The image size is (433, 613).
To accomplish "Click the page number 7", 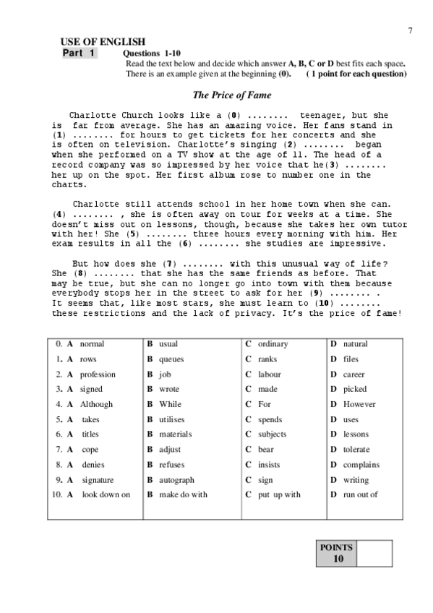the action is (410, 30).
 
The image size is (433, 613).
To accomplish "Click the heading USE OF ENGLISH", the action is (103, 43).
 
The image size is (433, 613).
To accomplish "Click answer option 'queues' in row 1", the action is (171, 359).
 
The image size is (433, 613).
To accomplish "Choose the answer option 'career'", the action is (354, 374).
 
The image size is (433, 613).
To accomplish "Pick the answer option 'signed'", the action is (91, 389).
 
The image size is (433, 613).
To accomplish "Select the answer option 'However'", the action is (359, 404).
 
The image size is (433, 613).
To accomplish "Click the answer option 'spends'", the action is (270, 419).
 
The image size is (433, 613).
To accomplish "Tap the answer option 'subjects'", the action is (272, 434).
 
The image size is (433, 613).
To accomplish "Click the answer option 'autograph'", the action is (176, 480).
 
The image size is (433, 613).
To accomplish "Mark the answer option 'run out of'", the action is (360, 494).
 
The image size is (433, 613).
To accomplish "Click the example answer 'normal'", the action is (92, 344).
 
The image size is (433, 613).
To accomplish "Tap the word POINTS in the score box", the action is (336, 547).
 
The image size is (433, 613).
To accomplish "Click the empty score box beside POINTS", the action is (374, 553).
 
